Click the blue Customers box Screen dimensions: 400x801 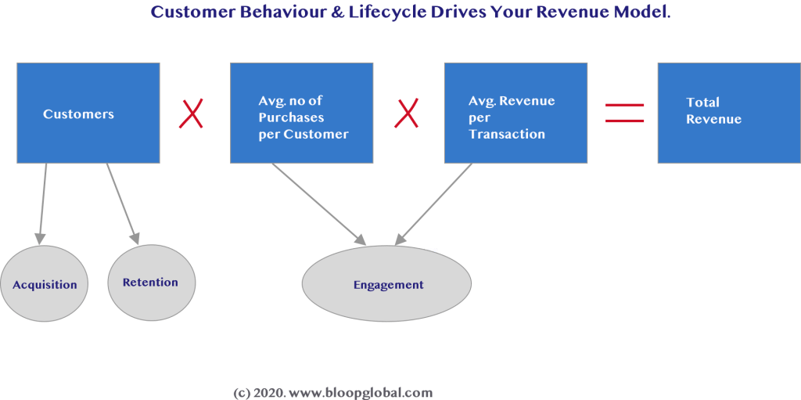(88, 113)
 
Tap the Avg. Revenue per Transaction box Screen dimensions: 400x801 (515, 113)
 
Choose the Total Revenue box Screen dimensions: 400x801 (728, 113)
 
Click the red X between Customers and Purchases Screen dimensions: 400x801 (191, 114)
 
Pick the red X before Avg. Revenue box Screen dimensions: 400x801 (406, 114)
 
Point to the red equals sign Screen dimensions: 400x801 (625, 114)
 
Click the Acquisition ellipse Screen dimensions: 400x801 (45, 284)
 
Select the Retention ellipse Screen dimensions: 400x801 (151, 282)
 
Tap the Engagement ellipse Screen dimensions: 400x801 (388, 284)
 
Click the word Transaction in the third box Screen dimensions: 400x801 (507, 134)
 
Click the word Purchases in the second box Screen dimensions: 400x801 (291, 117)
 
